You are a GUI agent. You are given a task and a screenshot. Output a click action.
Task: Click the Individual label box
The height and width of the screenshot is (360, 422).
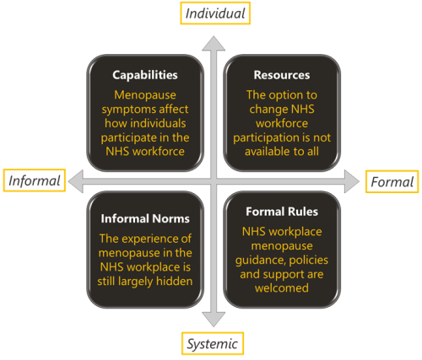coord(215,13)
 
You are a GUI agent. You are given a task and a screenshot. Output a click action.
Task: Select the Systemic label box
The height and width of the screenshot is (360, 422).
coord(213,343)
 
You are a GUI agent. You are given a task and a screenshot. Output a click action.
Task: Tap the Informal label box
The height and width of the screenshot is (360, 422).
coord(35,180)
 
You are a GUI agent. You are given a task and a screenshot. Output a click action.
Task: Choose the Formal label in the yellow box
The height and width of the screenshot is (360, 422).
coord(392,181)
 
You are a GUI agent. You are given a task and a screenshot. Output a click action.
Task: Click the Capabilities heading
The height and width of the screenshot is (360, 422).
coord(145,75)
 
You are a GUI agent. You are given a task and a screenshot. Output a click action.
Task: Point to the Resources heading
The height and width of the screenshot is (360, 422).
coord(282,75)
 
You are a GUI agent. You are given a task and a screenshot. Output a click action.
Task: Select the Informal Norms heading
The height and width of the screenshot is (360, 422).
coord(145,218)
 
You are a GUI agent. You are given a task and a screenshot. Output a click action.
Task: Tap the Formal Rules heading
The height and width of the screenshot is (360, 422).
coord(282,212)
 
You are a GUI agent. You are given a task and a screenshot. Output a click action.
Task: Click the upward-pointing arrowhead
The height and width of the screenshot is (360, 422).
coord(214,44)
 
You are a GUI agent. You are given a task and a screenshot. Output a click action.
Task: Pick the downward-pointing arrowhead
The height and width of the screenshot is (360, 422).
coord(214,320)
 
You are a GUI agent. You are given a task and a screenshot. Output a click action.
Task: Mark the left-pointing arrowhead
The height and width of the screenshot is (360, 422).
coord(76,181)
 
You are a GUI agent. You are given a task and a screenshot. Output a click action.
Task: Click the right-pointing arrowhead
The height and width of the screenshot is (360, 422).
coord(352,181)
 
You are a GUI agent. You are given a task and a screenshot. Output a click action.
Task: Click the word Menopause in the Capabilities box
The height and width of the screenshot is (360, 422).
coord(145,95)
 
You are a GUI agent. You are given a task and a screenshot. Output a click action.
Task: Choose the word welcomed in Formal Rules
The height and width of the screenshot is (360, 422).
coord(282,288)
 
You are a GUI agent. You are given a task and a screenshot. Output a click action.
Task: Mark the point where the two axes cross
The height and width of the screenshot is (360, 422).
coord(214,181)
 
